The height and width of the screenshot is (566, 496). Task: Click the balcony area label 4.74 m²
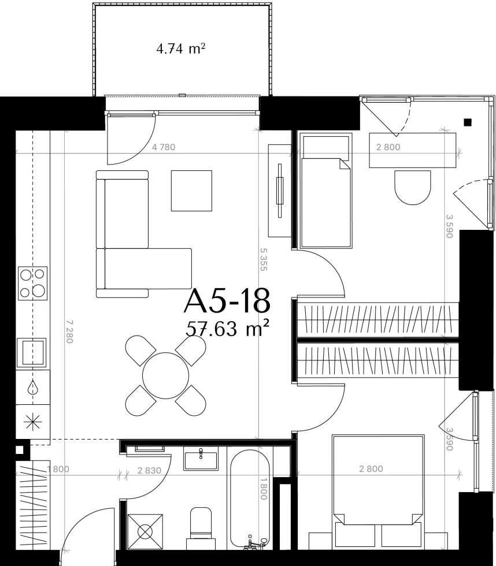click(180, 48)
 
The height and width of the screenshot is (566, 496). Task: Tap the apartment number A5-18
click(227, 301)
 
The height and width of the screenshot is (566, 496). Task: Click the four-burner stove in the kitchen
click(32, 283)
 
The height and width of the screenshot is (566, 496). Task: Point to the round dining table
click(165, 375)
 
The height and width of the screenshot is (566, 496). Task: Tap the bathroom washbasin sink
click(201, 459)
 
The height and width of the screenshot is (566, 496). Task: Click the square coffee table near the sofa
click(191, 191)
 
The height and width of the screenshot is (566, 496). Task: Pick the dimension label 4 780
click(164, 147)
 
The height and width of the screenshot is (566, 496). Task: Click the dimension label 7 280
click(70, 332)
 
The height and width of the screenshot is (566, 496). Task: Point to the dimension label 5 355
click(263, 259)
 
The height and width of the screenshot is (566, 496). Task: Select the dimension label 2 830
click(149, 470)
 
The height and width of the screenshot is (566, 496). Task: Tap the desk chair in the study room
click(413, 187)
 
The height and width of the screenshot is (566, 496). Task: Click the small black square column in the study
click(468, 122)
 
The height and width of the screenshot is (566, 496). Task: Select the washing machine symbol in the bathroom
click(145, 532)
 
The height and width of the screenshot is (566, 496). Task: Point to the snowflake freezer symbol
click(32, 422)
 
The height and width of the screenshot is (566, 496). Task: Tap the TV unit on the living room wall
click(280, 191)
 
